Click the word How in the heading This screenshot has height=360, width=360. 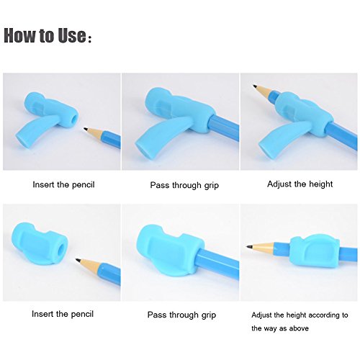click(x=19, y=35)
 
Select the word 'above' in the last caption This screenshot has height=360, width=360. click(x=299, y=328)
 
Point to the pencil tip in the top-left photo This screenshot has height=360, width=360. click(x=85, y=129)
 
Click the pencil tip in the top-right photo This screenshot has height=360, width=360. click(x=254, y=86)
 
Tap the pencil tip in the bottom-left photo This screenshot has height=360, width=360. click(x=77, y=259)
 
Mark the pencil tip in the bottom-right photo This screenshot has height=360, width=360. click(x=248, y=246)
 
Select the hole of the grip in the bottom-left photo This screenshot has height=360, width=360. click(x=62, y=248)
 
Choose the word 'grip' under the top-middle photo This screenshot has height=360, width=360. click(x=212, y=186)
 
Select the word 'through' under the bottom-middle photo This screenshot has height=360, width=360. click(x=183, y=315)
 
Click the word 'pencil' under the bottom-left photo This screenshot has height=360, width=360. click(x=81, y=314)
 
